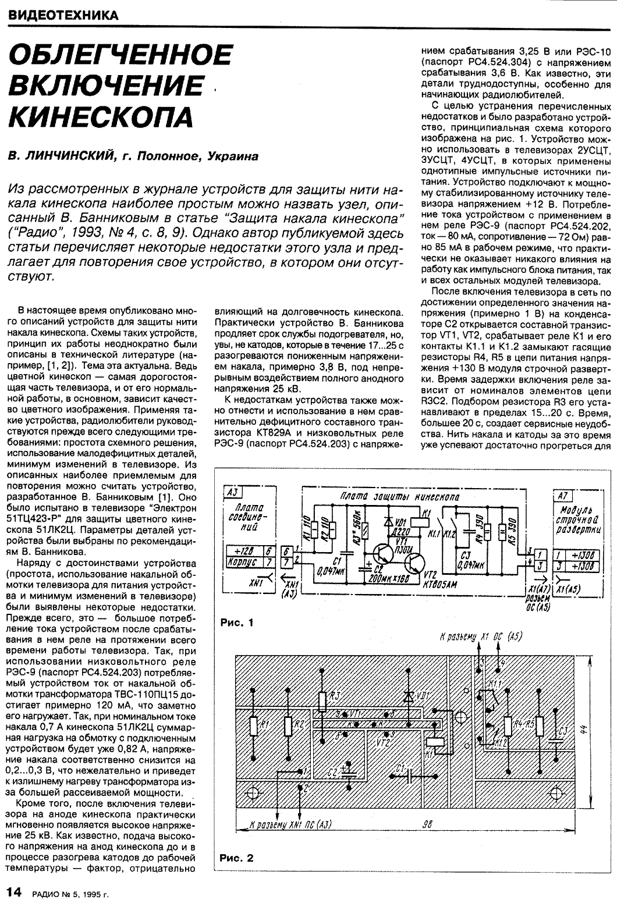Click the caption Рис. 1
click(237, 623)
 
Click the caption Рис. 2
click(237, 858)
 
